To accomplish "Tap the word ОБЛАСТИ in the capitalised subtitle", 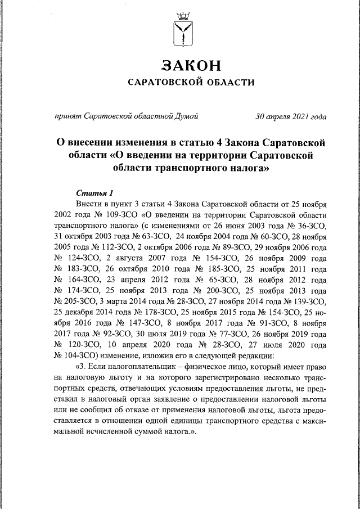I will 225,83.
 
